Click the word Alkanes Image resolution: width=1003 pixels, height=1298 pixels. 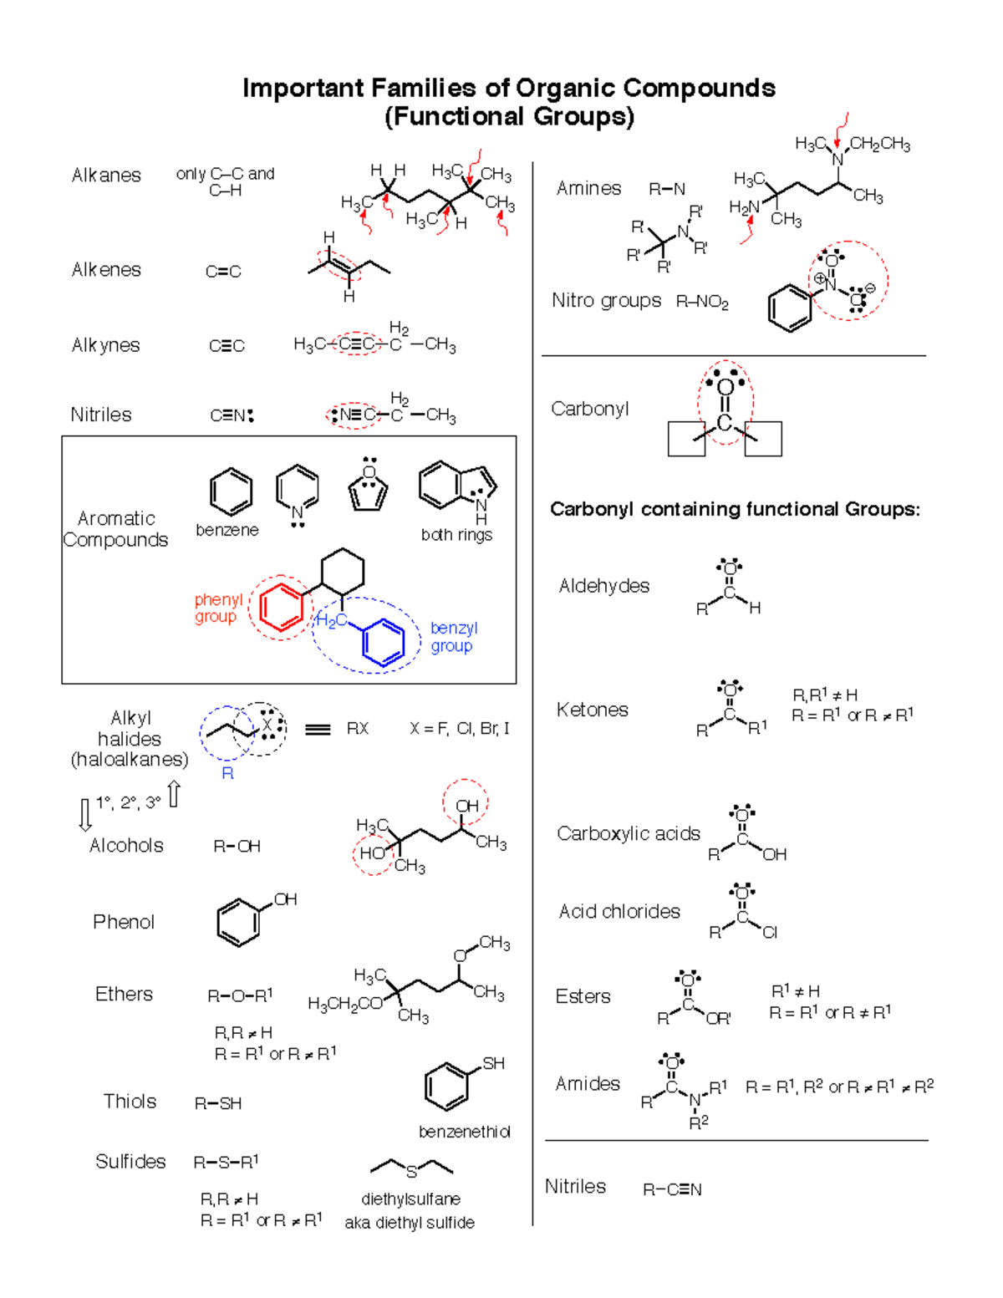(x=106, y=175)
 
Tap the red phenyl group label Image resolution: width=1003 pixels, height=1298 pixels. (x=218, y=608)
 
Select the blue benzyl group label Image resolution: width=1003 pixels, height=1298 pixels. (x=454, y=637)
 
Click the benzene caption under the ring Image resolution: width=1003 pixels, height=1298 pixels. (x=227, y=530)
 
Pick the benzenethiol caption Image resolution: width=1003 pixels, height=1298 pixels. (x=464, y=1132)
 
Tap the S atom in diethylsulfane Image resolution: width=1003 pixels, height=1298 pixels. (x=411, y=1172)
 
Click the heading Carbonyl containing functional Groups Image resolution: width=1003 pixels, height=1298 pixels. (x=735, y=510)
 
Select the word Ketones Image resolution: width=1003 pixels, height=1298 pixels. (x=592, y=710)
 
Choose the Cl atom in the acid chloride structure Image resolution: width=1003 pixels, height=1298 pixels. (x=770, y=933)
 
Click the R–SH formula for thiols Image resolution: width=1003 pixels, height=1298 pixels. (x=218, y=1103)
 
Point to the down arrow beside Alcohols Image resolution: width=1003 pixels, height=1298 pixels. (x=85, y=815)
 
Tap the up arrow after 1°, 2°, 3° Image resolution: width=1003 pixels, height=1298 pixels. (x=173, y=794)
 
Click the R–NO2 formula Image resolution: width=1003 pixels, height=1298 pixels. (x=702, y=302)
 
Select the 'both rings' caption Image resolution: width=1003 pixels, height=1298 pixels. (x=456, y=535)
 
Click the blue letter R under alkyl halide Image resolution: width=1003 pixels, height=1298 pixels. (x=227, y=774)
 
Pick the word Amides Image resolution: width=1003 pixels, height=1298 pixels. (x=588, y=1083)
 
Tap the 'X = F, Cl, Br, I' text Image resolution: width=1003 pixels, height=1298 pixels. (x=460, y=729)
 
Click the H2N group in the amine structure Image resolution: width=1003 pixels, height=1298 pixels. (x=744, y=207)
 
